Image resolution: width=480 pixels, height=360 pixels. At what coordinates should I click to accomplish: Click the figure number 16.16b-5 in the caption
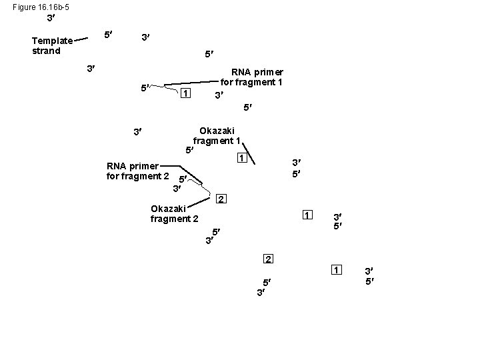[x=52, y=7]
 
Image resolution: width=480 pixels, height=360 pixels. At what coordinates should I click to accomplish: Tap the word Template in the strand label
[x=52, y=41]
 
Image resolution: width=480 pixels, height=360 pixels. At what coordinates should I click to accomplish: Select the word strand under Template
[x=46, y=51]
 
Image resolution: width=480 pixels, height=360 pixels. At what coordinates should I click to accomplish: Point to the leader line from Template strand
[x=82, y=39]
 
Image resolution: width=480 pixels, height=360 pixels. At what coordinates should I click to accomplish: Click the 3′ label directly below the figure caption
[x=51, y=18]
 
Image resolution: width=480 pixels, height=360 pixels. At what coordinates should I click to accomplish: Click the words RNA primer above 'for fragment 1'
[x=257, y=72]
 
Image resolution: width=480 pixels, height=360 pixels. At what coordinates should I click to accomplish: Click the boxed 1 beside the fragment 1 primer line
[x=186, y=93]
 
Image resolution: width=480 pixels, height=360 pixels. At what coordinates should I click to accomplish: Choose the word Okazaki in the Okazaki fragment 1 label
[x=217, y=130]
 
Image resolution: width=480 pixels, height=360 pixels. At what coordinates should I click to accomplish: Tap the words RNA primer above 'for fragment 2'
[x=132, y=166]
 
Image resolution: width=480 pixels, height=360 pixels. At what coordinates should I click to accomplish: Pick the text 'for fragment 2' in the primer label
[x=137, y=176]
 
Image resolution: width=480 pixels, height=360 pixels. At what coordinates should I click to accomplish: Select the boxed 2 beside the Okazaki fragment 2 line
[x=221, y=199]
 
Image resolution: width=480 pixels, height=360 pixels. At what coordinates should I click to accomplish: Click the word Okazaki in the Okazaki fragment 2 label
[x=169, y=209]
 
